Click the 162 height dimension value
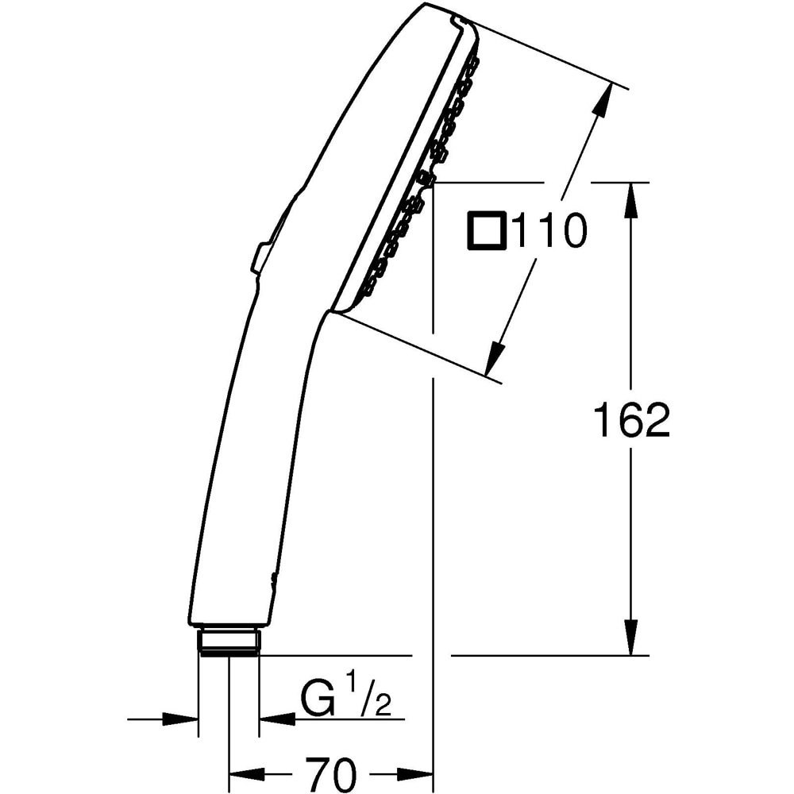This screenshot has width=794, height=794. pyautogui.click(x=632, y=421)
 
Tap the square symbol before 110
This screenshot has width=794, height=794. pyautogui.click(x=487, y=232)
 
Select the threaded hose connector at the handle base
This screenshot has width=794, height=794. pyautogui.click(x=229, y=641)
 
